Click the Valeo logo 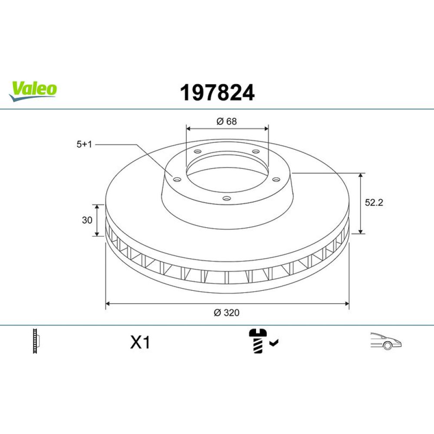click(x=33, y=91)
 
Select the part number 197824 click(x=217, y=92)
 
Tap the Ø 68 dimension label click(x=227, y=121)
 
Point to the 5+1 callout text click(x=84, y=144)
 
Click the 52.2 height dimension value click(x=374, y=203)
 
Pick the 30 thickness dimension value click(x=87, y=220)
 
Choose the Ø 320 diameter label click(x=227, y=312)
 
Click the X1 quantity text click(x=140, y=342)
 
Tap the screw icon click(x=258, y=341)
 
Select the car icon click(x=386, y=341)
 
